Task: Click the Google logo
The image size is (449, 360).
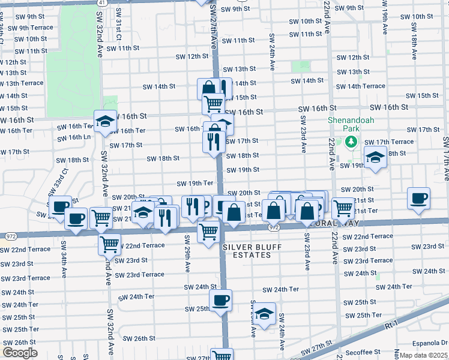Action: coord(20,353)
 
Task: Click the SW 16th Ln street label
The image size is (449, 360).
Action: coord(74,137)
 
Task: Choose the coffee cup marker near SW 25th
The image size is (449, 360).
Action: coord(220,300)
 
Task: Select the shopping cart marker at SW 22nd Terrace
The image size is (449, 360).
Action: coord(109,243)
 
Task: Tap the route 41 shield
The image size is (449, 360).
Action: coord(103,2)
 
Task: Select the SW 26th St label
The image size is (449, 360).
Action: coord(137,338)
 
